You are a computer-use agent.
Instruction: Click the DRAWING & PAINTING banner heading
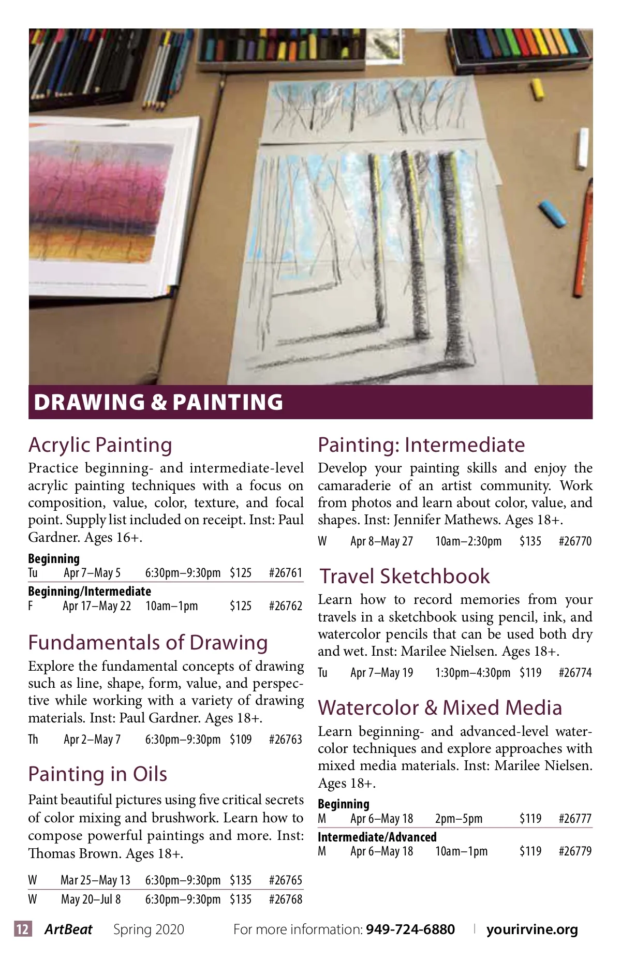tap(158, 402)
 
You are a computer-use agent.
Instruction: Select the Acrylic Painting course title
tap(100, 445)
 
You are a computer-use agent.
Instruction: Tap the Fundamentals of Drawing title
tap(148, 642)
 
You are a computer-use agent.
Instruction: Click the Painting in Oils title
tap(98, 774)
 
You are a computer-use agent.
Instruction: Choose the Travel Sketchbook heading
tap(404, 576)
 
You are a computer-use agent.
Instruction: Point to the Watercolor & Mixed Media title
tap(440, 707)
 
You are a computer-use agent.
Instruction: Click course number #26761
tap(285, 573)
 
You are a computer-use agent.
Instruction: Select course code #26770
tap(575, 541)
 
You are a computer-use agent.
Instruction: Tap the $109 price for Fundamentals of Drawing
tap(241, 739)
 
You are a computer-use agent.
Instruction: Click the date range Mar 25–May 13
tap(95, 880)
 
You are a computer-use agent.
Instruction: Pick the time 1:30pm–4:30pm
tap(472, 673)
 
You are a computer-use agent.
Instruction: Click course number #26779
tap(575, 851)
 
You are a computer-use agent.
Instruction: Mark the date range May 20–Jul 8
tap(91, 899)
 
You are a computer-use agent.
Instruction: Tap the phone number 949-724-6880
tap(410, 929)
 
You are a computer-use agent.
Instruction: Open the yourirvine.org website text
tap(532, 929)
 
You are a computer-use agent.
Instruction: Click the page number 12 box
tap(23, 929)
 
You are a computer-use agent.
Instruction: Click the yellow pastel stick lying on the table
tap(538, 89)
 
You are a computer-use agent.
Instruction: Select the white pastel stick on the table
tap(583, 149)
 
